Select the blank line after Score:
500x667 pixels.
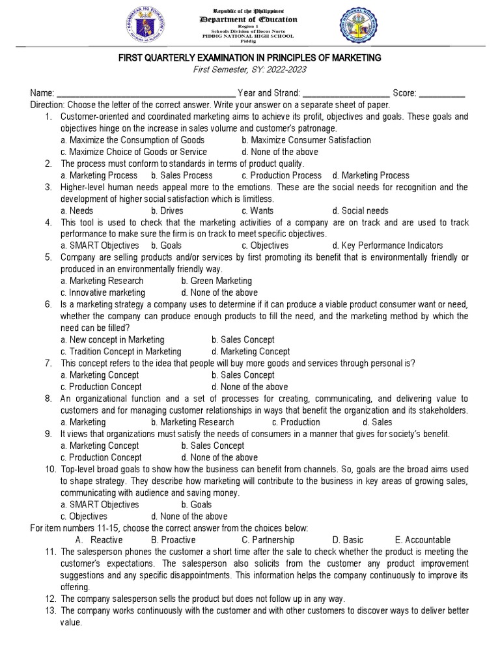442,94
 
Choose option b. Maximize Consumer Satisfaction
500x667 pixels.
306,140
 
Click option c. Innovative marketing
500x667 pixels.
103,292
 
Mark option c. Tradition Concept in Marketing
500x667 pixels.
120,351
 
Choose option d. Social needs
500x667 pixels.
360,210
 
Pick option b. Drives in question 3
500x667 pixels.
167,210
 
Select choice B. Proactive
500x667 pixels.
173,540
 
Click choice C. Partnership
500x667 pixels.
268,540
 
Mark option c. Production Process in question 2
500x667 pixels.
281,175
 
